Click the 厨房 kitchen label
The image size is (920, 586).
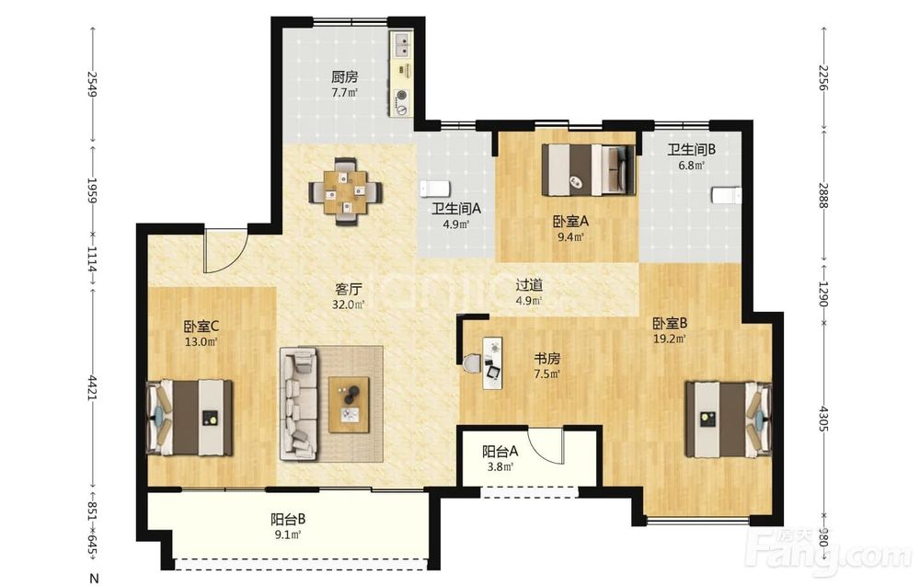(344, 77)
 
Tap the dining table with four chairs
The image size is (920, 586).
(346, 190)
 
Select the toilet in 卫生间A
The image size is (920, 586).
(435, 189)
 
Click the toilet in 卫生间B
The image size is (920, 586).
(727, 195)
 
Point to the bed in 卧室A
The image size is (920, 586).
(588, 169)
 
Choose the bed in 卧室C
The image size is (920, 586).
(189, 418)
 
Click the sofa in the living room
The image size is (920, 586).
(298, 404)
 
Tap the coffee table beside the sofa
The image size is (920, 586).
(349, 405)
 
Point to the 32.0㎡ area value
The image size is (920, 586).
(349, 304)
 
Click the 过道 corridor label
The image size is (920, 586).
(529, 285)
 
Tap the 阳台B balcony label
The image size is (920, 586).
(287, 519)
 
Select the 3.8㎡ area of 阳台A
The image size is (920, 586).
(500, 467)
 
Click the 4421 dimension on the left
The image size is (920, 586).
(92, 388)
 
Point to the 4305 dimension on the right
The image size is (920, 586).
(822, 419)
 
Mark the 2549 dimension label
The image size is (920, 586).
(92, 84)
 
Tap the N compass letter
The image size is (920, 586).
(93, 579)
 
